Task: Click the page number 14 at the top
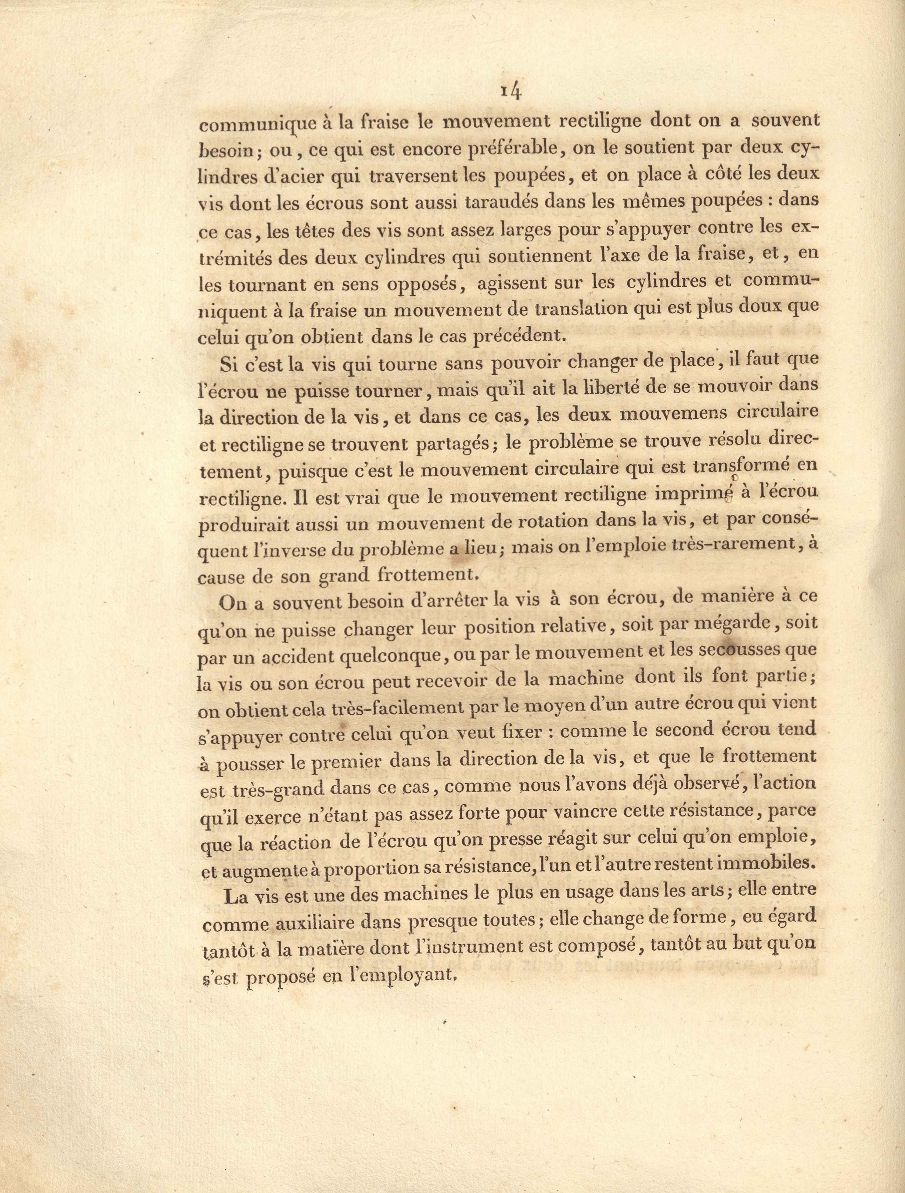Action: coord(509,91)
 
